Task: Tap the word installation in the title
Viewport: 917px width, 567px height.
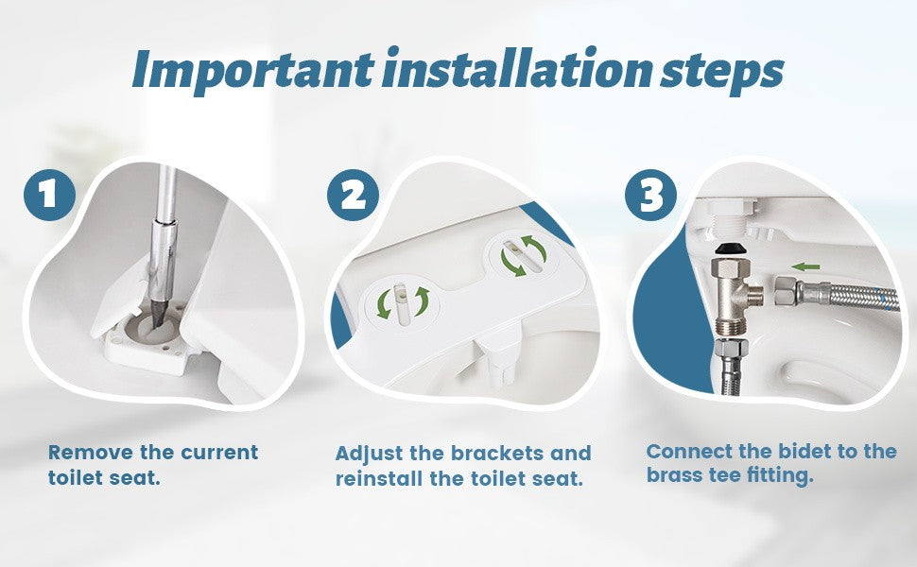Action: (x=516, y=70)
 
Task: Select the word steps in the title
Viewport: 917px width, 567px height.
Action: (x=720, y=72)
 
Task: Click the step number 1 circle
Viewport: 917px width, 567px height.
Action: (x=48, y=195)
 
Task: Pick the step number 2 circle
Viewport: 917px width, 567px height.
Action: (x=353, y=196)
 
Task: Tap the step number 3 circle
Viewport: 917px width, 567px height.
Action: (x=651, y=195)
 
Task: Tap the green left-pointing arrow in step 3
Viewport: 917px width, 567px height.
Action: (x=805, y=266)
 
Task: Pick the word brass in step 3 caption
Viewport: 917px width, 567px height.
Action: (x=675, y=475)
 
